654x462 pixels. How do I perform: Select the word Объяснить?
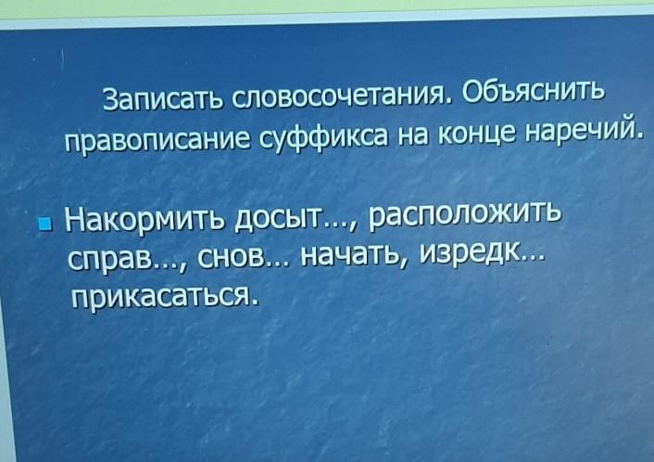533,90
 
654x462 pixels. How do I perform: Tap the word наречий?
583,130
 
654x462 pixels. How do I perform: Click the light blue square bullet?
44,224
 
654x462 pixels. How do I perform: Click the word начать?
356,255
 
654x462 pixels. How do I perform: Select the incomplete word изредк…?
482,252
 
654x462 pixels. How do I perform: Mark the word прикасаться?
162,295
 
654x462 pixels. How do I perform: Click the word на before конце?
413,136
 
